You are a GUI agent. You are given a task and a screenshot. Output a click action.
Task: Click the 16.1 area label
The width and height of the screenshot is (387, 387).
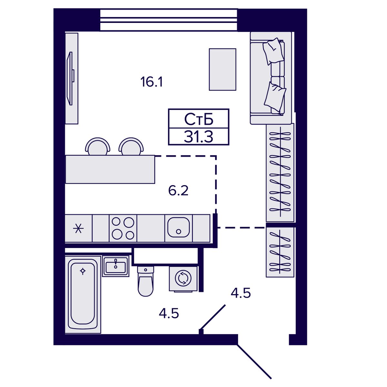point(152,82)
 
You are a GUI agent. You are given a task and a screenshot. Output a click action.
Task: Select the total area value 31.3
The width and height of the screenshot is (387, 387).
point(198,137)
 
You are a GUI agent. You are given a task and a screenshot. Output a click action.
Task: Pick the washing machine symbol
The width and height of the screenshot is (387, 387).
point(183,279)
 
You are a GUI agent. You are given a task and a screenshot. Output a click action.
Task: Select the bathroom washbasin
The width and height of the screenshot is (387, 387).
point(115,266)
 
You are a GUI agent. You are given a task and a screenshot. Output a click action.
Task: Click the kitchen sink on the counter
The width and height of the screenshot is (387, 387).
point(179,228)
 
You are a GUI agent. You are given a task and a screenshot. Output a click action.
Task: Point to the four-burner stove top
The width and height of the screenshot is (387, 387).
point(123,228)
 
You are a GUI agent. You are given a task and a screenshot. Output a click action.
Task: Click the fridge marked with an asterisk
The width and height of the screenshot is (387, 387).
point(78,228)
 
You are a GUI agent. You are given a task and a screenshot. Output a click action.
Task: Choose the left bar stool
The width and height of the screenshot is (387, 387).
point(98,146)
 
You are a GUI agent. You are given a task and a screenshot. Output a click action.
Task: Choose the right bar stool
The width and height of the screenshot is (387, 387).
point(131,146)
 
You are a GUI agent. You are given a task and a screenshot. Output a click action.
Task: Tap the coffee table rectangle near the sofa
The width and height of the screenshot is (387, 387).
point(223,69)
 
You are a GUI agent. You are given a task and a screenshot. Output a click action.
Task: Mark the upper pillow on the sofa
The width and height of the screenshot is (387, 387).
point(273,51)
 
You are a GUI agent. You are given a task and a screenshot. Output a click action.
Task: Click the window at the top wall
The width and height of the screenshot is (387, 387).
point(169,20)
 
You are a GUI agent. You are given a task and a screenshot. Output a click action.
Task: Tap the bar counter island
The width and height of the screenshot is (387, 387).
point(110,169)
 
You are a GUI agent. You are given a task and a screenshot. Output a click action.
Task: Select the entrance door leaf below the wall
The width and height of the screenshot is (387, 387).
point(254,362)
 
